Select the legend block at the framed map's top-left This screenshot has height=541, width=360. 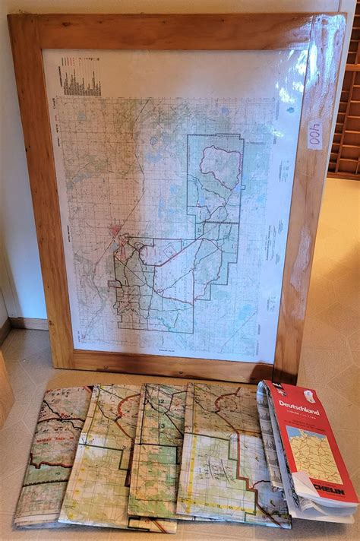click(81, 79)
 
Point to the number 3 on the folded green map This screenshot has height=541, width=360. click(161, 426)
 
